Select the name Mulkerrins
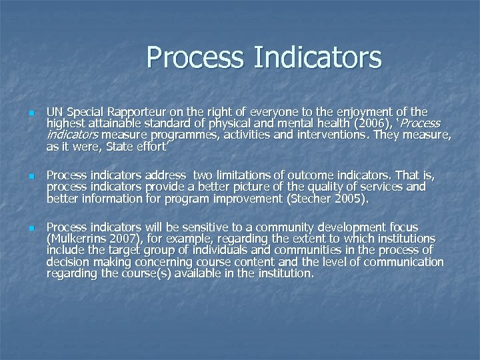83,239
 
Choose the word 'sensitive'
191,227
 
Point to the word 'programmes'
139,135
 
